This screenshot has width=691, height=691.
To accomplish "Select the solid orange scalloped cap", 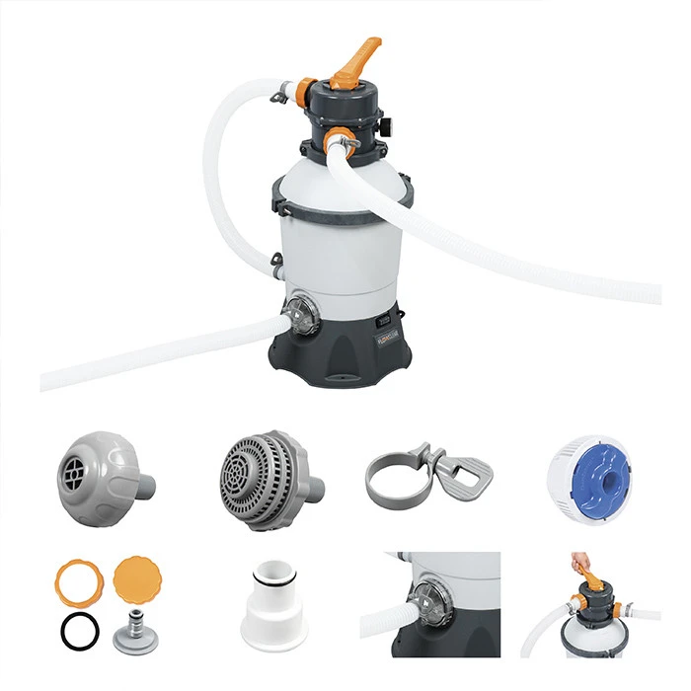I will click(137, 577).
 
